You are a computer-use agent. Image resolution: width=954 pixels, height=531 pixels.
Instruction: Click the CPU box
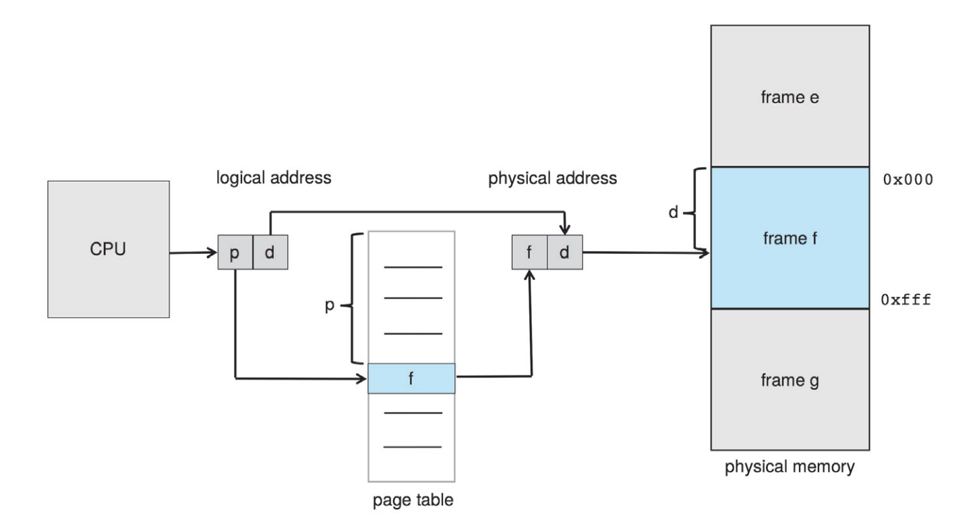[108, 249]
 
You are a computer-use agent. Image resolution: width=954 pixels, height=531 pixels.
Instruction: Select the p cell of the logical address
[235, 252]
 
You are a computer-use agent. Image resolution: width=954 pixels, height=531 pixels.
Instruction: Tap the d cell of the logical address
[270, 252]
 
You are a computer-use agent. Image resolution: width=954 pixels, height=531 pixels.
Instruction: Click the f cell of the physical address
[529, 252]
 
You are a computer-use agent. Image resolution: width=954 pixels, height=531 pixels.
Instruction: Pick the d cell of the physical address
[565, 252]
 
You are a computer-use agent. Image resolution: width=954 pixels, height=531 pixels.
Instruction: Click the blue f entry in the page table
[411, 379]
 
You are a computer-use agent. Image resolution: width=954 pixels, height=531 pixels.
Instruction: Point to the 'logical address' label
[274, 177]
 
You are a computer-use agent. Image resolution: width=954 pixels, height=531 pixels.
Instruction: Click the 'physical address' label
[552, 178]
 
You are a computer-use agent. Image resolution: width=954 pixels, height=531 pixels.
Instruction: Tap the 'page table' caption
[413, 500]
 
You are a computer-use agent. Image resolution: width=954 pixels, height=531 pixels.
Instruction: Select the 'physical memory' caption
[789, 467]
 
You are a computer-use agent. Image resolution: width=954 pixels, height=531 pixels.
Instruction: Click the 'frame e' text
[789, 97]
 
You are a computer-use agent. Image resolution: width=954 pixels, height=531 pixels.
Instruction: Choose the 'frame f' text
[789, 238]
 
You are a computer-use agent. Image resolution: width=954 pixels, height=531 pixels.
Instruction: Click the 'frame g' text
[789, 380]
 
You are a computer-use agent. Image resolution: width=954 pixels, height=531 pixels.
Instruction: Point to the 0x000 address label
[908, 180]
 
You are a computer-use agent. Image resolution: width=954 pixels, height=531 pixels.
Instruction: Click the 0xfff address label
[906, 300]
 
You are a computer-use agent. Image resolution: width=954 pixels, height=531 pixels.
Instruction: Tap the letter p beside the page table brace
[330, 305]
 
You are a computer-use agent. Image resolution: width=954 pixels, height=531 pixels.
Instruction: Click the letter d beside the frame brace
[674, 212]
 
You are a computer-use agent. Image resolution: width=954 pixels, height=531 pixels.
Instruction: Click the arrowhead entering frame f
[705, 253]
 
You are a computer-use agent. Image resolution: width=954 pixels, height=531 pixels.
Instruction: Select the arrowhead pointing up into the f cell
[529, 275]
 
